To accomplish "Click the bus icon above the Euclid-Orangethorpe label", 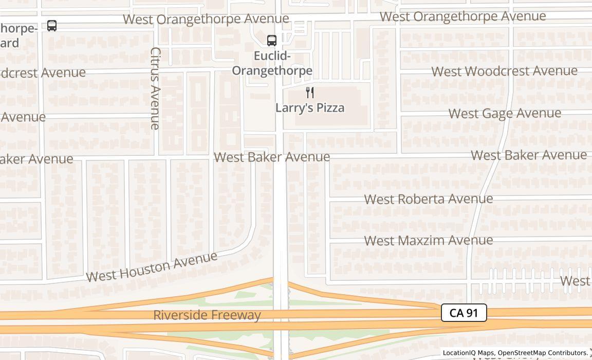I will tap(272, 40).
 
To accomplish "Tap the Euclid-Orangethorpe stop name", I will tap(272, 63).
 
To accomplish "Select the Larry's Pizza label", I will tap(310, 107).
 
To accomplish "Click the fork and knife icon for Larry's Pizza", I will tap(310, 93).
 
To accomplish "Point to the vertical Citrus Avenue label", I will tap(155, 88).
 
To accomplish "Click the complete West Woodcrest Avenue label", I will tap(504, 71).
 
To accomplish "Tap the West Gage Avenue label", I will tap(505, 113).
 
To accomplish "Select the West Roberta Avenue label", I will tap(429, 199).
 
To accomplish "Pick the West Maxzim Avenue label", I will tap(429, 240).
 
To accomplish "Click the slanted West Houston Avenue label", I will tap(152, 267).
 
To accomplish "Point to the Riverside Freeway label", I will tap(207, 315).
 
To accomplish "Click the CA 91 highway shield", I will tap(464, 313).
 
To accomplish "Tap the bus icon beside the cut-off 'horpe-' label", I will tap(52, 26).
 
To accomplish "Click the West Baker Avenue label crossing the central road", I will tap(272, 157).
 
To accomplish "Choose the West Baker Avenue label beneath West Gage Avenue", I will tap(529, 155).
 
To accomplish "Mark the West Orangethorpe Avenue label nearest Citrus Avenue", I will tap(206, 19).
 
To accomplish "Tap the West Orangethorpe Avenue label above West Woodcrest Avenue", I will tap(462, 16).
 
